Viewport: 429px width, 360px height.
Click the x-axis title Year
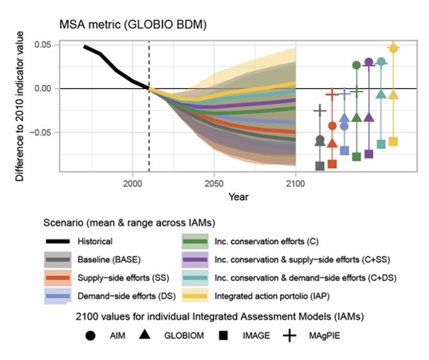click(x=237, y=197)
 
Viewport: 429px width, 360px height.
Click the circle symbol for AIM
click(x=90, y=335)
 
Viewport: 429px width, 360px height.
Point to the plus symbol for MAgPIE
click(x=290, y=335)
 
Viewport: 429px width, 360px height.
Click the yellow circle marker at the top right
click(x=394, y=48)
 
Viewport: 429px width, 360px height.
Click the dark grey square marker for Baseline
click(x=320, y=166)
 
